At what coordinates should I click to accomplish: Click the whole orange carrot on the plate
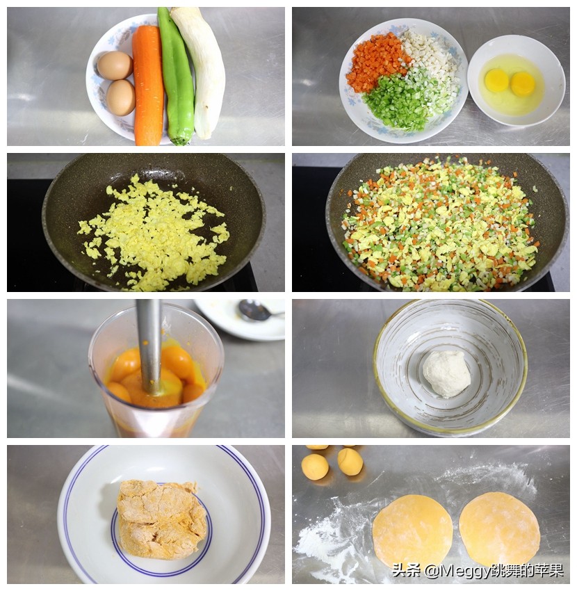(x=148, y=87)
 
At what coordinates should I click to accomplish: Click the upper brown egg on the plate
(x=115, y=65)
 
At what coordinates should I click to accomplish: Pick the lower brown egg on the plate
(x=120, y=97)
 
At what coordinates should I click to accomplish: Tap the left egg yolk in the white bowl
(x=496, y=80)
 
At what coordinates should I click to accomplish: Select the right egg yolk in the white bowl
(x=523, y=83)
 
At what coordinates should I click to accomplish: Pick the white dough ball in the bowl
(x=446, y=374)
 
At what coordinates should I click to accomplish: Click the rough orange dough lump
(x=161, y=519)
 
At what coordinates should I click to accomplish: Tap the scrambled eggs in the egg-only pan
(x=154, y=234)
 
